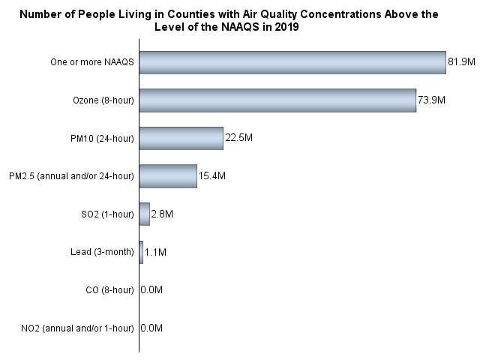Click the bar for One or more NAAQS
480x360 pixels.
coord(292,62)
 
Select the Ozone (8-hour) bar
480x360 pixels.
coord(277,100)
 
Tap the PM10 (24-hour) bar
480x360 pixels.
coord(181,138)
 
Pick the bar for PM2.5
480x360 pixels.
coord(168,176)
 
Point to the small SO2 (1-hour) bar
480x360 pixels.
coord(145,214)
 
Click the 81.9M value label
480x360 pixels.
coord(461,62)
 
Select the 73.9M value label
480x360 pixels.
coord(431,100)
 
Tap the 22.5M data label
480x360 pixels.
coord(238,138)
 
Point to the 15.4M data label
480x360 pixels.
coord(212,176)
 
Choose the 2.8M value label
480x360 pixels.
coord(162,214)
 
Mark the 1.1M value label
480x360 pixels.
coord(155,253)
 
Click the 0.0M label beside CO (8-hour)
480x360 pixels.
coord(151,290)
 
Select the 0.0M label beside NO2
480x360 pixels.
coord(151,328)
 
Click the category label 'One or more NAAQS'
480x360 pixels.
coord(97,62)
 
